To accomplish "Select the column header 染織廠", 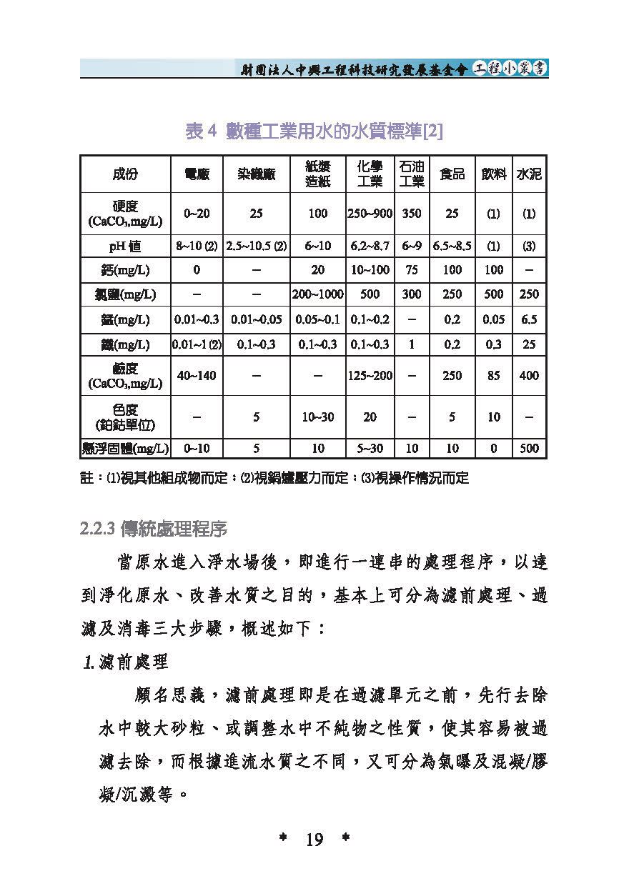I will coord(257,174).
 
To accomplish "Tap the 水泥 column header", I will coord(529,174).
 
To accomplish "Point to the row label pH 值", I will coord(125,246).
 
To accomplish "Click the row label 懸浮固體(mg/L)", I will coord(125,449).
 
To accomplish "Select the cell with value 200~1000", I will coord(317,294).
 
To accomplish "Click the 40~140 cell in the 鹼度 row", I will coord(197,375).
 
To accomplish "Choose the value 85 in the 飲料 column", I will coord(493,375).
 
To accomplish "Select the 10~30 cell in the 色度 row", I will coord(317,417).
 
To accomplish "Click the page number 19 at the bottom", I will coord(314,839).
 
